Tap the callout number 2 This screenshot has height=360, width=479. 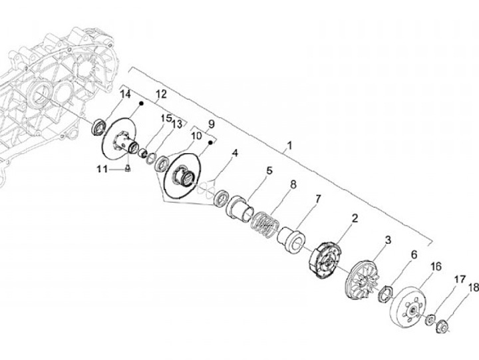pyautogui.click(x=355, y=218)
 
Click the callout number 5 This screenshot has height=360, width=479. pyautogui.click(x=269, y=171)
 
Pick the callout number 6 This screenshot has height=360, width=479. pyautogui.click(x=413, y=254)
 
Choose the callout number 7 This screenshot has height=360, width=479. pyautogui.click(x=318, y=198)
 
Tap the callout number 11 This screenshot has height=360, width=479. pyautogui.click(x=102, y=169)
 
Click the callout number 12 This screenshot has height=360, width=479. pyautogui.click(x=160, y=95)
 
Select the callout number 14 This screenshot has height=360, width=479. pyautogui.click(x=125, y=95)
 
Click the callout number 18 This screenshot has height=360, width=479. pyautogui.click(x=474, y=288)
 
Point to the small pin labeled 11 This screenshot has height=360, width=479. pyautogui.click(x=126, y=169)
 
